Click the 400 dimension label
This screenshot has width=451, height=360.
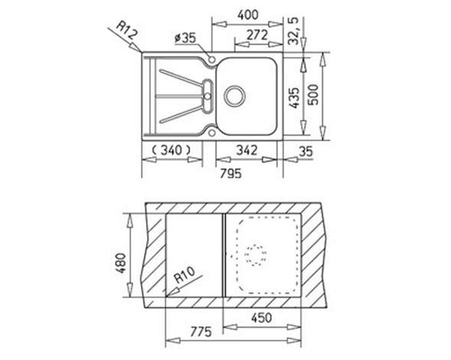pos(248,15)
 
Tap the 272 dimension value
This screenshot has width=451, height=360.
pos(257,35)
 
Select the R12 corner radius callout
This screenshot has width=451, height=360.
pos(127,30)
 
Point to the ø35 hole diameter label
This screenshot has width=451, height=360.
pos(185,38)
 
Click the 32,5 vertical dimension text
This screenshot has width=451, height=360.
pos(293,31)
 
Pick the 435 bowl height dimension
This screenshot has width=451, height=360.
pos(294,98)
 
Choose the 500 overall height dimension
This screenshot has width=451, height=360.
pos(313,95)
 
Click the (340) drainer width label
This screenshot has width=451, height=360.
pos(172,149)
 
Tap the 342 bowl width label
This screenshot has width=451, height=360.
pos(247,150)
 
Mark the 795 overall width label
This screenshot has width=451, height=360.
pos(231,174)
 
